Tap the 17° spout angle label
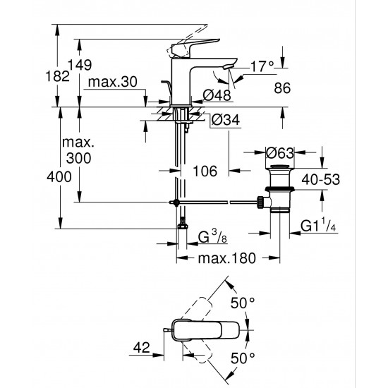(x=261, y=66)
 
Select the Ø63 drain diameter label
(x=279, y=151)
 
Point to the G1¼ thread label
(x=317, y=226)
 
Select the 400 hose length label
(x=61, y=176)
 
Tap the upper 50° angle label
(x=242, y=303)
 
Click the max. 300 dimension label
(x=79, y=151)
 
